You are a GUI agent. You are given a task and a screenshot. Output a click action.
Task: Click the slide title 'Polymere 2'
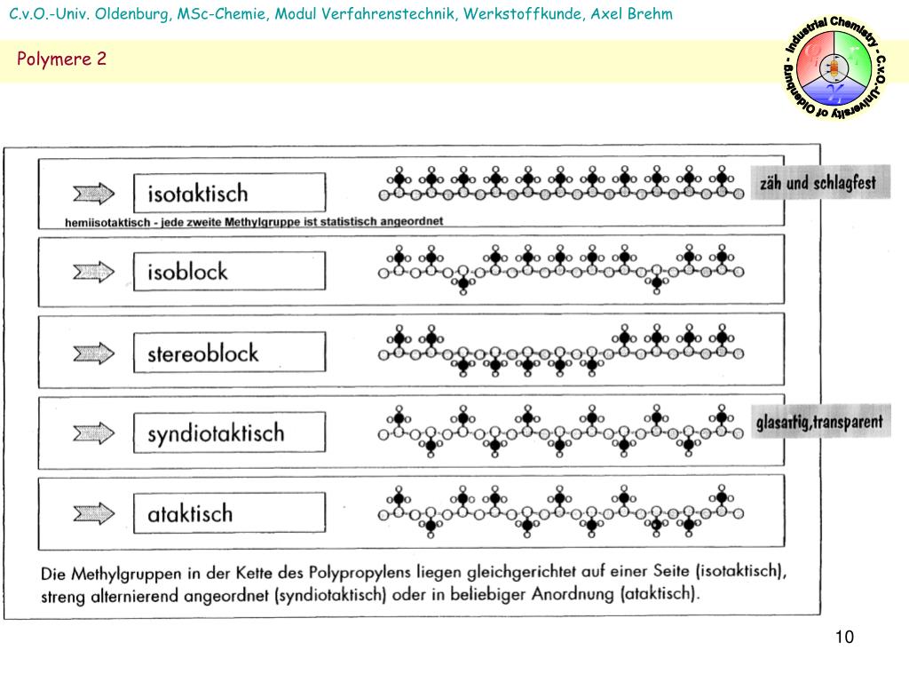61,59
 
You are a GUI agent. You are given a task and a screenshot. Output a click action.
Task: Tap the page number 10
843,638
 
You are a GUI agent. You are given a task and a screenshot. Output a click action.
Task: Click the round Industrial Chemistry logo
834,68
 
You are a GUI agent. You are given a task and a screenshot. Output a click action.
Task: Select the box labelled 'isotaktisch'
229,193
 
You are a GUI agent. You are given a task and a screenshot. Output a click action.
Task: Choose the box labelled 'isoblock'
229,271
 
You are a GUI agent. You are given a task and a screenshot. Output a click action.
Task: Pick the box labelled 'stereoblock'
229,353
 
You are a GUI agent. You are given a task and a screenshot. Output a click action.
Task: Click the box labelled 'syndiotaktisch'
229,432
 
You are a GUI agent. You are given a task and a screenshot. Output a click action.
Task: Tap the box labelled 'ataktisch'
229,512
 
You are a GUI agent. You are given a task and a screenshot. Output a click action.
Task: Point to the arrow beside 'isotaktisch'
93,193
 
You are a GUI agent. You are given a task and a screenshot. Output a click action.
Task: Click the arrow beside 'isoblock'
93,272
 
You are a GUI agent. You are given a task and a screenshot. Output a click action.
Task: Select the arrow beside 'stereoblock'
93,353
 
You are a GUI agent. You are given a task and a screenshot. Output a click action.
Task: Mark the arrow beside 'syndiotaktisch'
93,432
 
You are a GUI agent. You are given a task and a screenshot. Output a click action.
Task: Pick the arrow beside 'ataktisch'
93,513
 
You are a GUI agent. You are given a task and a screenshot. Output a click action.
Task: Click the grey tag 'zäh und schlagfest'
817,183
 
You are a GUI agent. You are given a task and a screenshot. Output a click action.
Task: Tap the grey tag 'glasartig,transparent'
819,422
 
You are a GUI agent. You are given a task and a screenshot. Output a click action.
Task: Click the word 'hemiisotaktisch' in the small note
107,222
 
